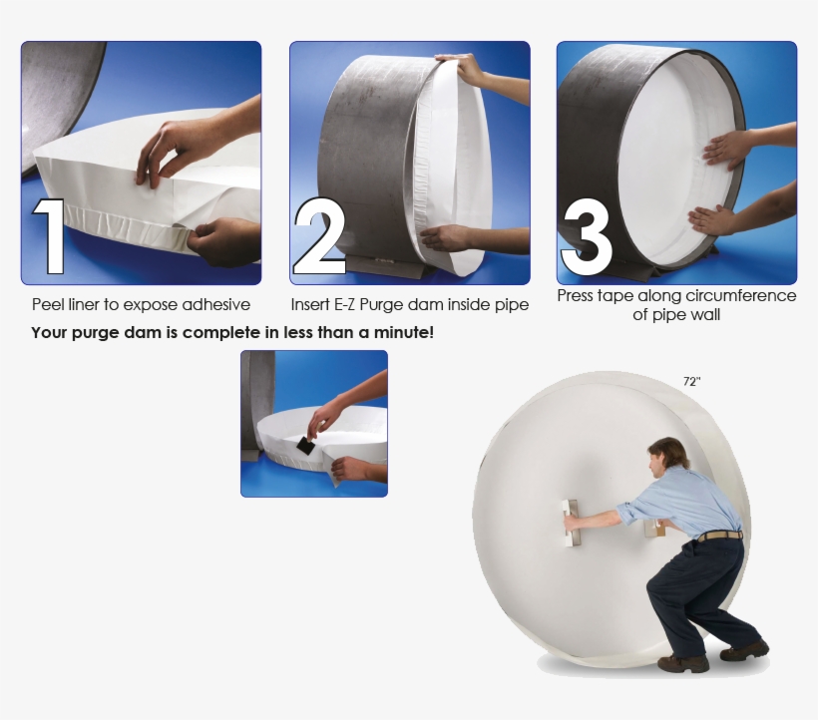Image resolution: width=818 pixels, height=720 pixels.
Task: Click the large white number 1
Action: coord(50,236)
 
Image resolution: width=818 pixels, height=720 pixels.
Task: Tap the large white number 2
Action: coord(319,237)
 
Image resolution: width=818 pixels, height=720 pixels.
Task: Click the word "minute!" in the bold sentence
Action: coord(403,332)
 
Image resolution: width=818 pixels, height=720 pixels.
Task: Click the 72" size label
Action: coord(691,381)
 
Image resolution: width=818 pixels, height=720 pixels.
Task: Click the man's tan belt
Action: coord(719,537)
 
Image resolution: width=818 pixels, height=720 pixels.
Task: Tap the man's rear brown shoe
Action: coord(744,650)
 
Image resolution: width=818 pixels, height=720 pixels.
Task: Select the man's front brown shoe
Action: coord(683,663)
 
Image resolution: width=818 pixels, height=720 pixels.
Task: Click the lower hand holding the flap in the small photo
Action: coord(350,468)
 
